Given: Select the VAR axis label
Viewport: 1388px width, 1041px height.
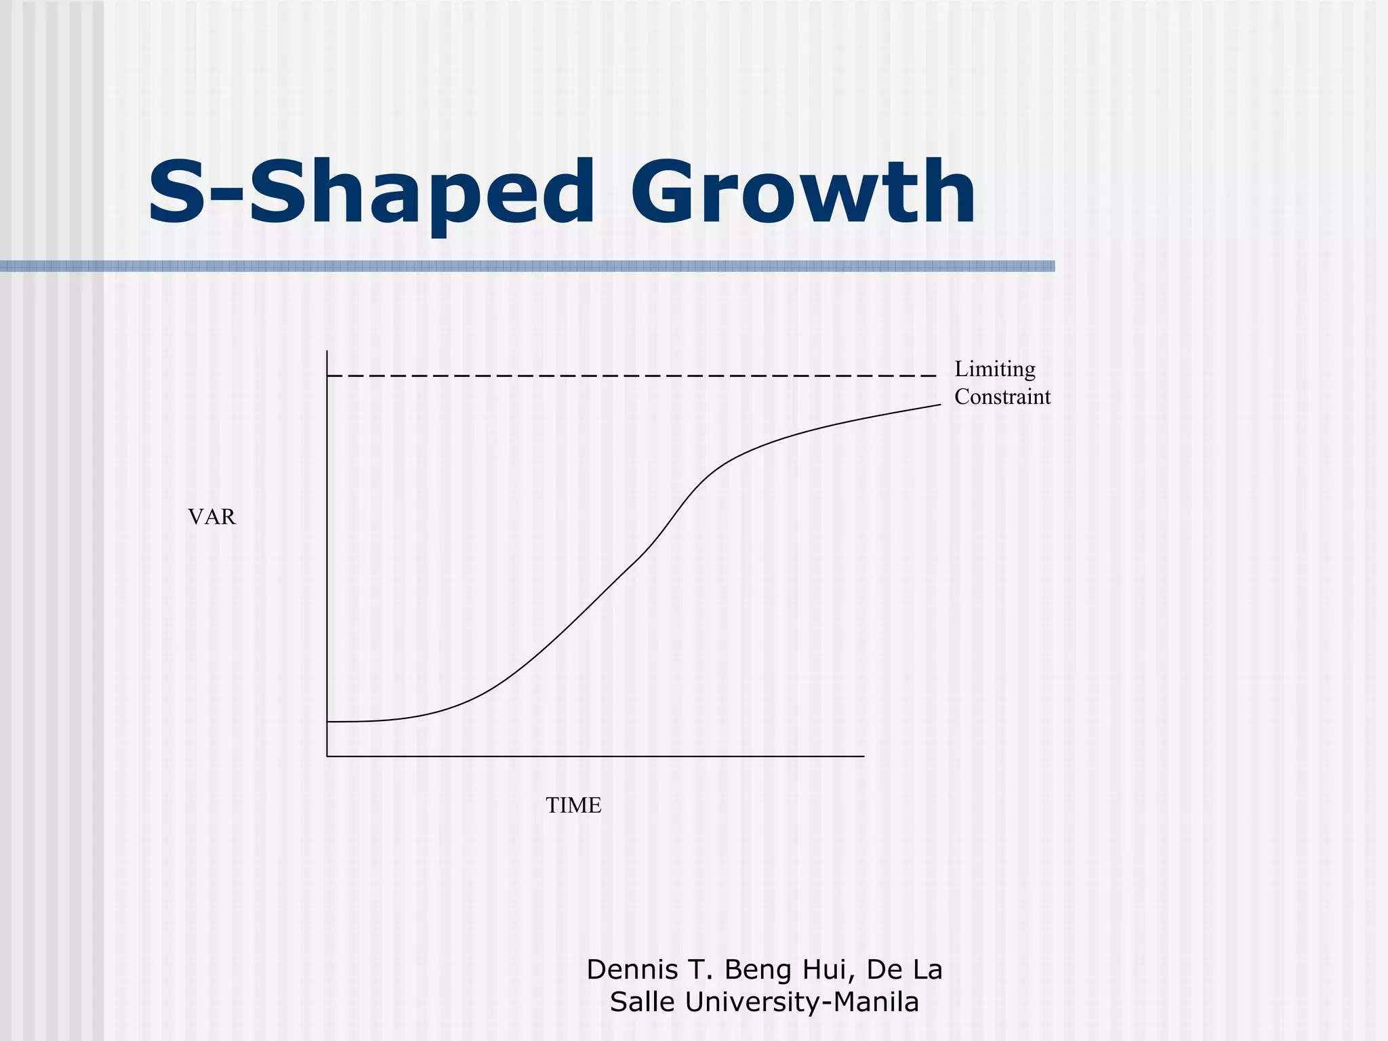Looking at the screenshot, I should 211,517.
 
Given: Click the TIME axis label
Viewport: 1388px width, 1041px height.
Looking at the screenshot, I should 573,805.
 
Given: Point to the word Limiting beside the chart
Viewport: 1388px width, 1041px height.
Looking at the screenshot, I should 994,369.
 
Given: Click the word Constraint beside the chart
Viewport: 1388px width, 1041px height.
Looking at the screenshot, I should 1002,396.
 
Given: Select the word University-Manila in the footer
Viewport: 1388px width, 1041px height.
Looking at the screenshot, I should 802,1002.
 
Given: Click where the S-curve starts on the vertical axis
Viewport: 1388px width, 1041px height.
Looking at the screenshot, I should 328,722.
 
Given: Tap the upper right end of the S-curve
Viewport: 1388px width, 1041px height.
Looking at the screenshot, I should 940,405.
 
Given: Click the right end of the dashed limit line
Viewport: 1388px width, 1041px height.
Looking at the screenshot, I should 935,375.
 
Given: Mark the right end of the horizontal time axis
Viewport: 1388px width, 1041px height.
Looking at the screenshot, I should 863,756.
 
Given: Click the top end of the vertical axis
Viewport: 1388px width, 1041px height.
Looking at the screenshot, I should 327,352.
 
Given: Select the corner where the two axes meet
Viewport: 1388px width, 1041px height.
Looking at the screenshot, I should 327,756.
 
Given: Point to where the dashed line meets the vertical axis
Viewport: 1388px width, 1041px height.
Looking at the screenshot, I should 328,375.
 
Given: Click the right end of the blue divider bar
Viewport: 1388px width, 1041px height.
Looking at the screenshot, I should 1053,266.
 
